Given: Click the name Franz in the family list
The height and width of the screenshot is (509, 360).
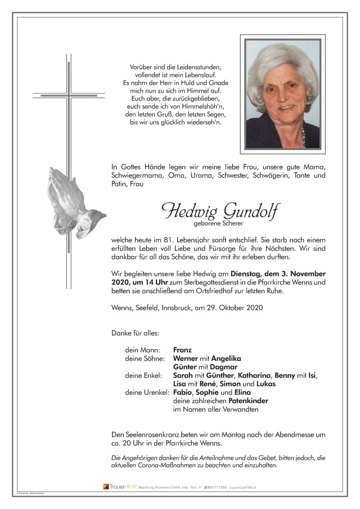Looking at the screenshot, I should point(182,350).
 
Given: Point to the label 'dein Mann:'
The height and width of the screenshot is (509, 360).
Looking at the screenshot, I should point(143,350).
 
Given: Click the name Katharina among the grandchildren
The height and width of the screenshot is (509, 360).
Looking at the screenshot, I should point(248,376).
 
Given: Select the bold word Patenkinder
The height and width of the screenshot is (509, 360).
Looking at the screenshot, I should point(248,401).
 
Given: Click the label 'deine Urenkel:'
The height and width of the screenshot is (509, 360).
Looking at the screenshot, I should point(147,392).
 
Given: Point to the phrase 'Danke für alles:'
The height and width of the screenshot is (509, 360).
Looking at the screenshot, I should point(135,333).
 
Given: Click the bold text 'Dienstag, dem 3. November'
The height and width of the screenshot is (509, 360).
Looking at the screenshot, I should point(278,273).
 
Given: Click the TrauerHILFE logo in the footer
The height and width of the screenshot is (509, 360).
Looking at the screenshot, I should point(119,487).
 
